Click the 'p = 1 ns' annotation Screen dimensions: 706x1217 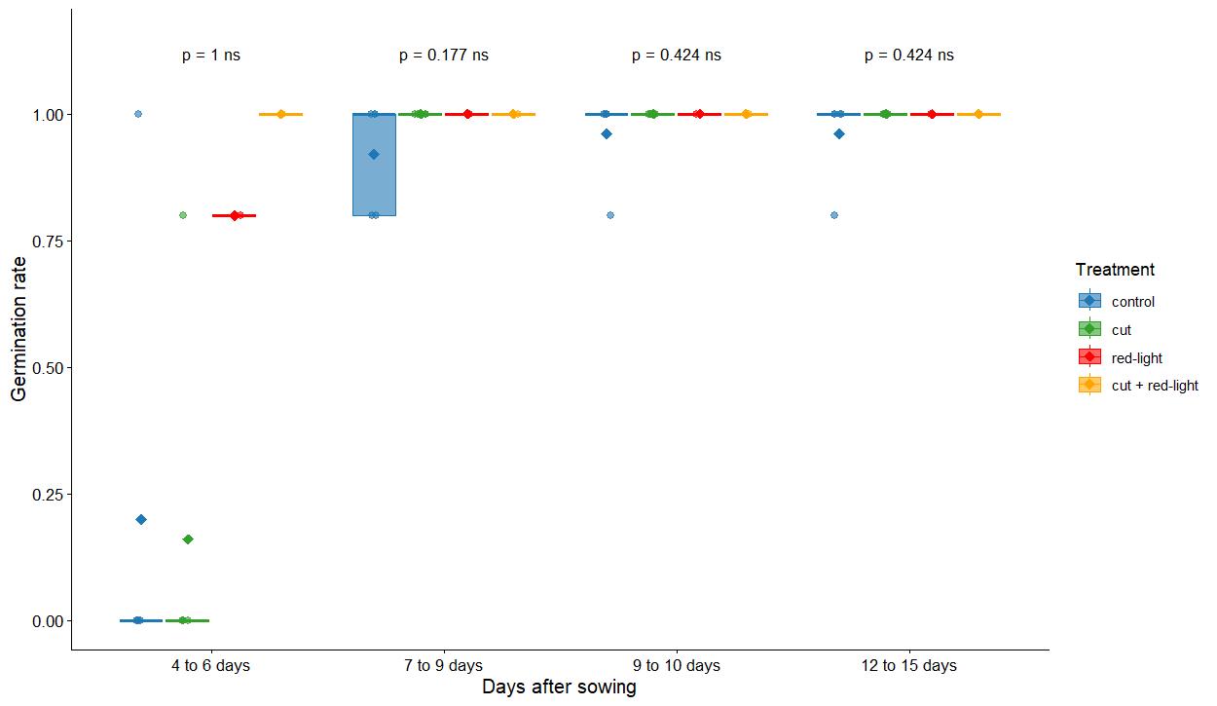pos(210,56)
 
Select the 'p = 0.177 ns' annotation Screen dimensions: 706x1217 pos(444,56)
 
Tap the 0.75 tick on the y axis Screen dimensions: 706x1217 pos(45,242)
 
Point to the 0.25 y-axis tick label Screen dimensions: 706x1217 pos(45,495)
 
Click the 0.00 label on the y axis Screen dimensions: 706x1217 pos(45,621)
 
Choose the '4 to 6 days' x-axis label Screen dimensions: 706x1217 pos(210,666)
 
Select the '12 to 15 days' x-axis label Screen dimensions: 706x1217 pos(909,666)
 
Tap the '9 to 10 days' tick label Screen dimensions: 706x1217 pos(677,666)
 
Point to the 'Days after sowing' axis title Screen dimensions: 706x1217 pos(559,687)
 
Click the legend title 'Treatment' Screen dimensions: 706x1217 pos(1115,270)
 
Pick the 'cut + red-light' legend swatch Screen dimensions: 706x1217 pos(1089,386)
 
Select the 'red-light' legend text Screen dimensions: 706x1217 pos(1137,358)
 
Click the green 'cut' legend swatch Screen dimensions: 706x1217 pos(1089,330)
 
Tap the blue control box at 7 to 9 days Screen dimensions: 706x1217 pos(374,185)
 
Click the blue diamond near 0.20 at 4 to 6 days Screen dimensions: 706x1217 pos(141,520)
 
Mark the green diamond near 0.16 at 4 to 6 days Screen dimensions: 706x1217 pos(188,539)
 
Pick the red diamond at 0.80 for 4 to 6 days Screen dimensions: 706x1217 pos(235,215)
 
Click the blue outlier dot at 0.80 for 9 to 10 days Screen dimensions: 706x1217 pos(610,215)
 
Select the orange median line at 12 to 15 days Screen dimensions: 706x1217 pos(978,115)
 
